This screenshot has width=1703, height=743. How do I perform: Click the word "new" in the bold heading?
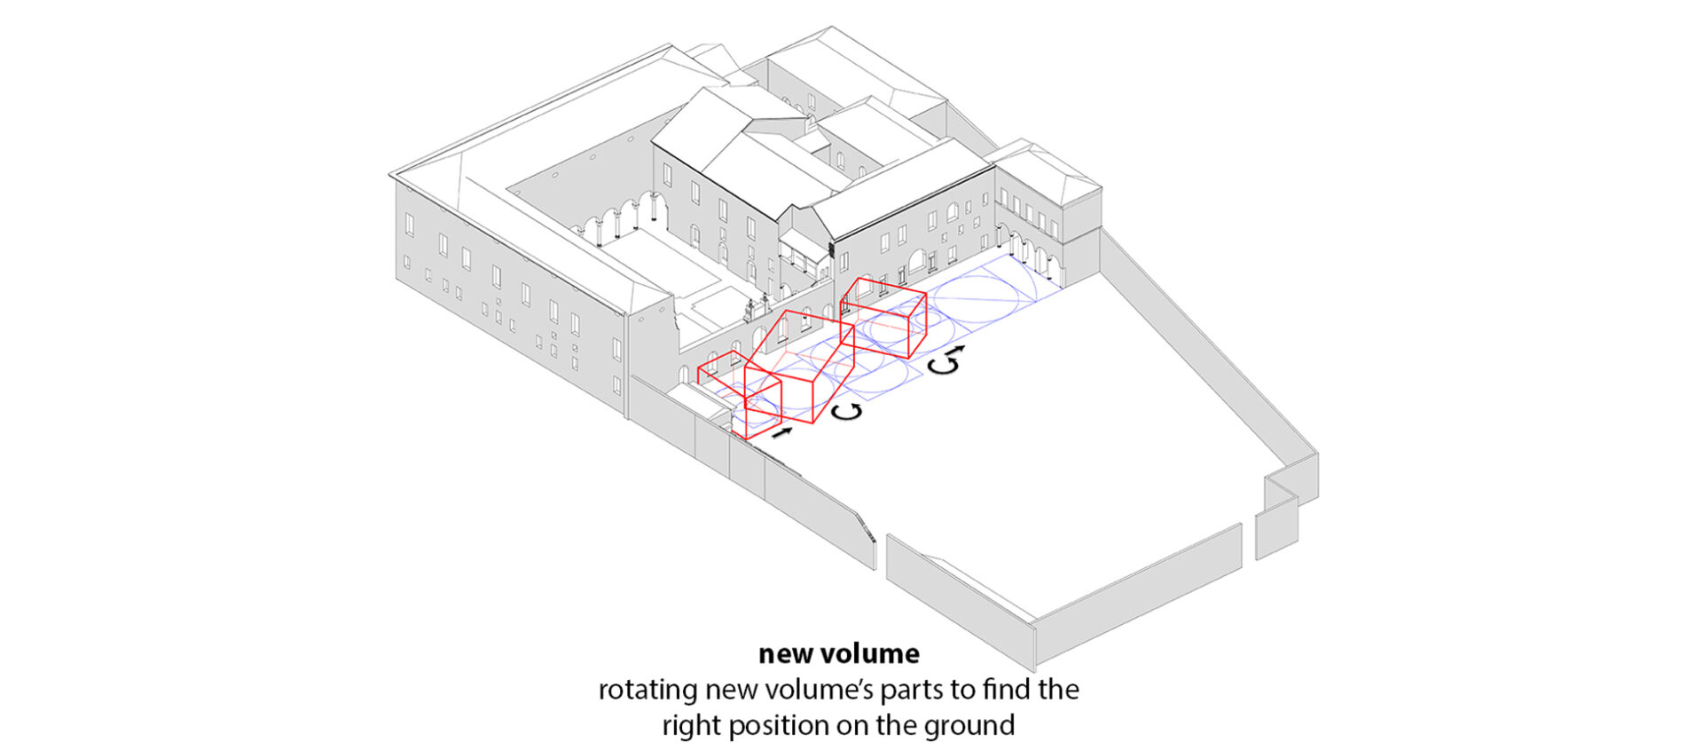784,655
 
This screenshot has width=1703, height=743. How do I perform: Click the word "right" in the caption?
692,726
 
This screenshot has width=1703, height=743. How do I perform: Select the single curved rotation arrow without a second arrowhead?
848,411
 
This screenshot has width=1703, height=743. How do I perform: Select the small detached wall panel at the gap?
1276,529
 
